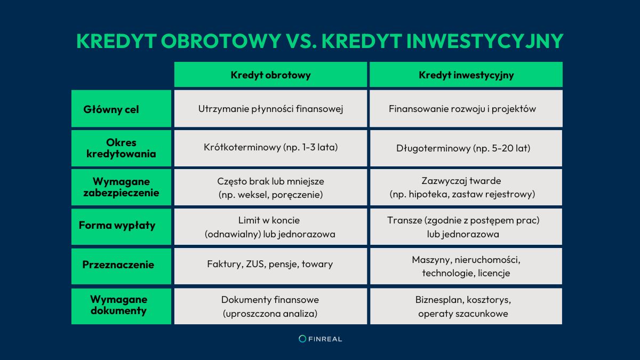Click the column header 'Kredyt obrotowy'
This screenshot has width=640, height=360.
point(270,75)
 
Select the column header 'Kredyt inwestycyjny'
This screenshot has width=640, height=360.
point(466,75)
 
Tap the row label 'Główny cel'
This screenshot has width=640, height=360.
point(111,109)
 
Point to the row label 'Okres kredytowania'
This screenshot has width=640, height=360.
point(121,148)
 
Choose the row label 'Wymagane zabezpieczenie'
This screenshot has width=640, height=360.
point(121,187)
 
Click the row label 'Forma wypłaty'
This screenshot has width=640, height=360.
point(117,225)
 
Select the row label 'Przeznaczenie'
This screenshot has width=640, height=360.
point(118,265)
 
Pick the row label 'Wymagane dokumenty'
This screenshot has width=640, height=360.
point(118,305)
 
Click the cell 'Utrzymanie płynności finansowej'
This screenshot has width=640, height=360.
point(270,109)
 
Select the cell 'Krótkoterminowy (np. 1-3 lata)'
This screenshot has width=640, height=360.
point(270,148)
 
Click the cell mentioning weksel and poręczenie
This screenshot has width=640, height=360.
point(270,188)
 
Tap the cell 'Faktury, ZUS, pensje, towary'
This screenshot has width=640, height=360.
point(270,264)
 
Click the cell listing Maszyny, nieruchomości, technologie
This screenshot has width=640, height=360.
point(466,266)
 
